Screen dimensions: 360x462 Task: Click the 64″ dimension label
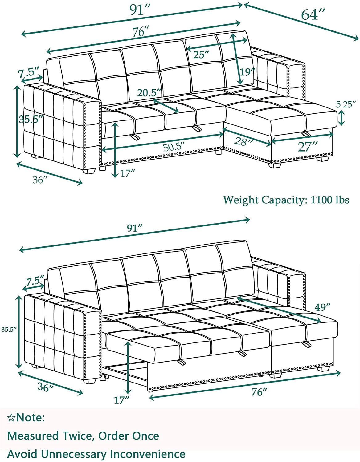[313, 15]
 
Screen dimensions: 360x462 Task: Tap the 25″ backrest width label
[201, 55]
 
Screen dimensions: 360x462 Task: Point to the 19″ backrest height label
[247, 72]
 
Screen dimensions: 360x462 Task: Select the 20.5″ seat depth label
[149, 93]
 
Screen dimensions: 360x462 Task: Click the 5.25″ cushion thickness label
[346, 105]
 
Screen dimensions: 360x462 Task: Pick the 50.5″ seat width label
[174, 147]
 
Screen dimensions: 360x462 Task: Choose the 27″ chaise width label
[308, 147]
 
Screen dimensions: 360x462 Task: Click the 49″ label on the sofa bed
[323, 307]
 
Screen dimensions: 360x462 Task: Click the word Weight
[241, 200]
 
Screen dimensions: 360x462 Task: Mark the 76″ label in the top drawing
[141, 32]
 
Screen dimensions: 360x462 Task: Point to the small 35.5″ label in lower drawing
[9, 330]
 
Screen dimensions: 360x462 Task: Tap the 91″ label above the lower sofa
[135, 229]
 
